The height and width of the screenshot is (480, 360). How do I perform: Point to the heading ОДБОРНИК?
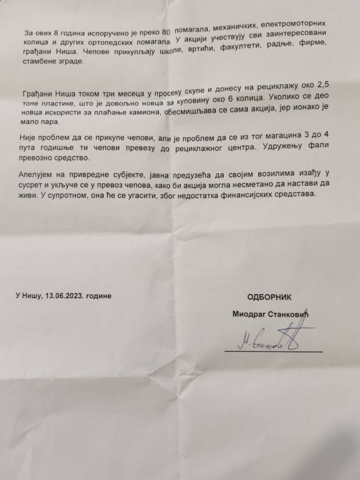pos(269,297)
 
